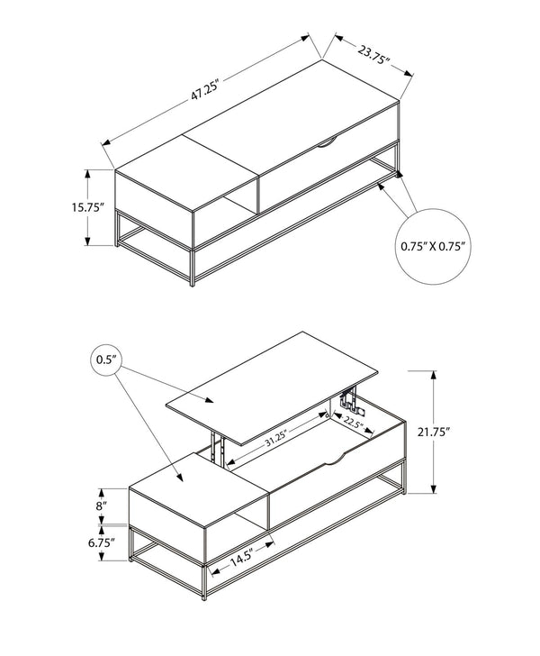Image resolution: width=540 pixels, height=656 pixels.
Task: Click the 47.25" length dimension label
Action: (x=205, y=89)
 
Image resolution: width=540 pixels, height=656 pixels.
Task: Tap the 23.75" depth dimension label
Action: (x=373, y=54)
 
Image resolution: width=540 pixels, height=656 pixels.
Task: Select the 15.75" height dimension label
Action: (x=87, y=207)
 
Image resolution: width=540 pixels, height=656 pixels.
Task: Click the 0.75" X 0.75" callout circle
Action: (x=433, y=246)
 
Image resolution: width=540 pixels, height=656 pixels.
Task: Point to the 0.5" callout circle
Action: (x=106, y=360)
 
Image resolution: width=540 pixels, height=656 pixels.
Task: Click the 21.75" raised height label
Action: (x=434, y=433)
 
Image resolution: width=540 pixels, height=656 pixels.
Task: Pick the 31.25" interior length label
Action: (x=275, y=440)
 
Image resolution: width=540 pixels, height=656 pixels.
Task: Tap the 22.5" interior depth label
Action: (x=352, y=423)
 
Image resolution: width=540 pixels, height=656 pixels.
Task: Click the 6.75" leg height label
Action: (x=102, y=543)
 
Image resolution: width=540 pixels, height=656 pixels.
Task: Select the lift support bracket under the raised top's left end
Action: (x=217, y=448)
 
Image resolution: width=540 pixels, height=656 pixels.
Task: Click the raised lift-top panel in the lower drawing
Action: (x=272, y=387)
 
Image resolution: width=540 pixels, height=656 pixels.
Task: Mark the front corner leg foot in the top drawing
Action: (x=193, y=283)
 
